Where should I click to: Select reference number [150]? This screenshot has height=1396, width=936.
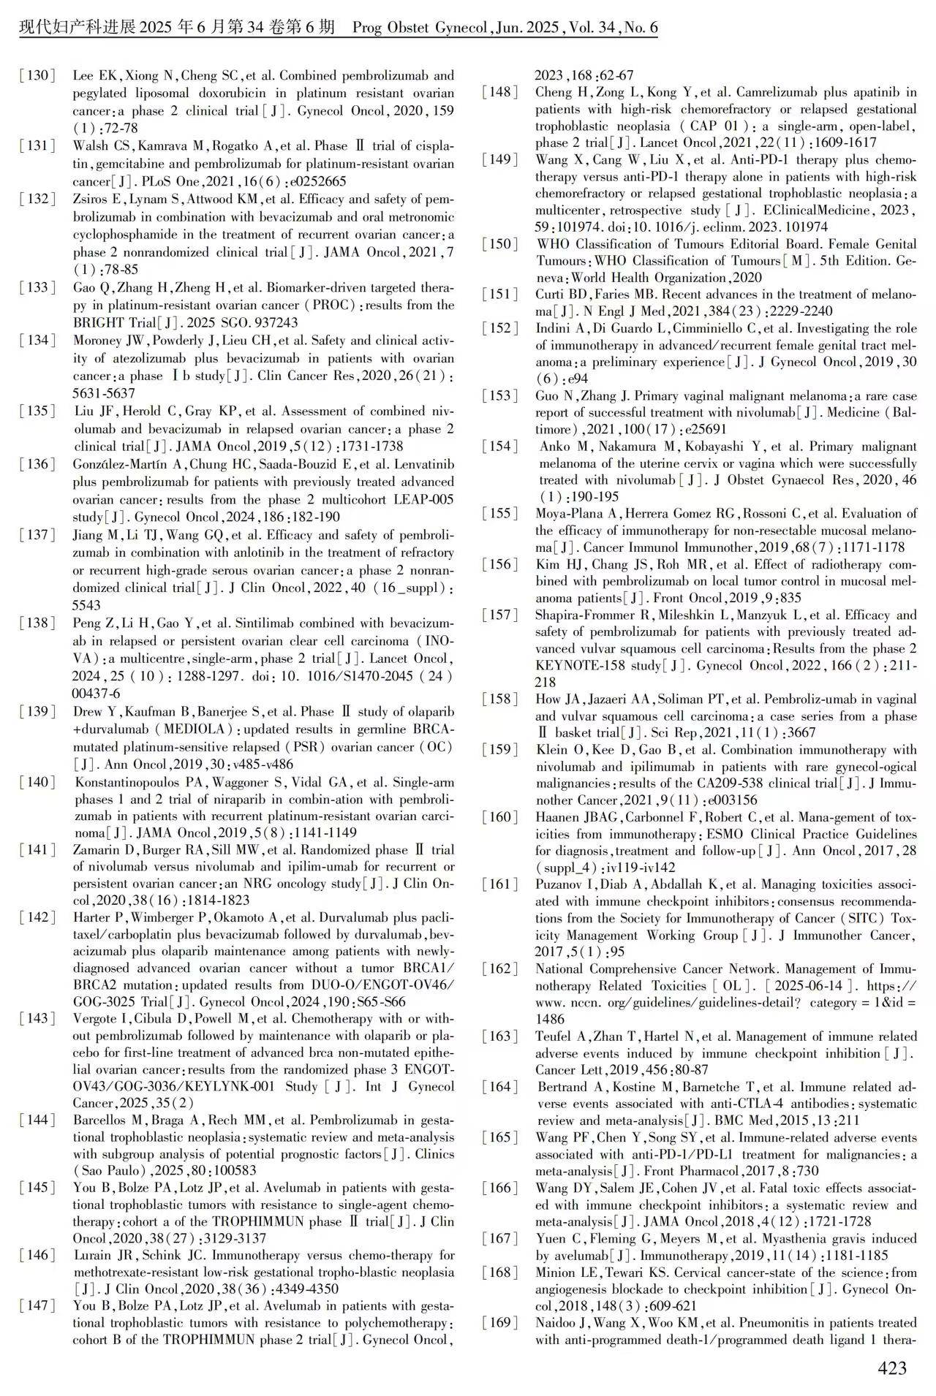tap(500, 244)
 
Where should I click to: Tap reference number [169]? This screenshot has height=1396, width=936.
tap(500, 1323)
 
